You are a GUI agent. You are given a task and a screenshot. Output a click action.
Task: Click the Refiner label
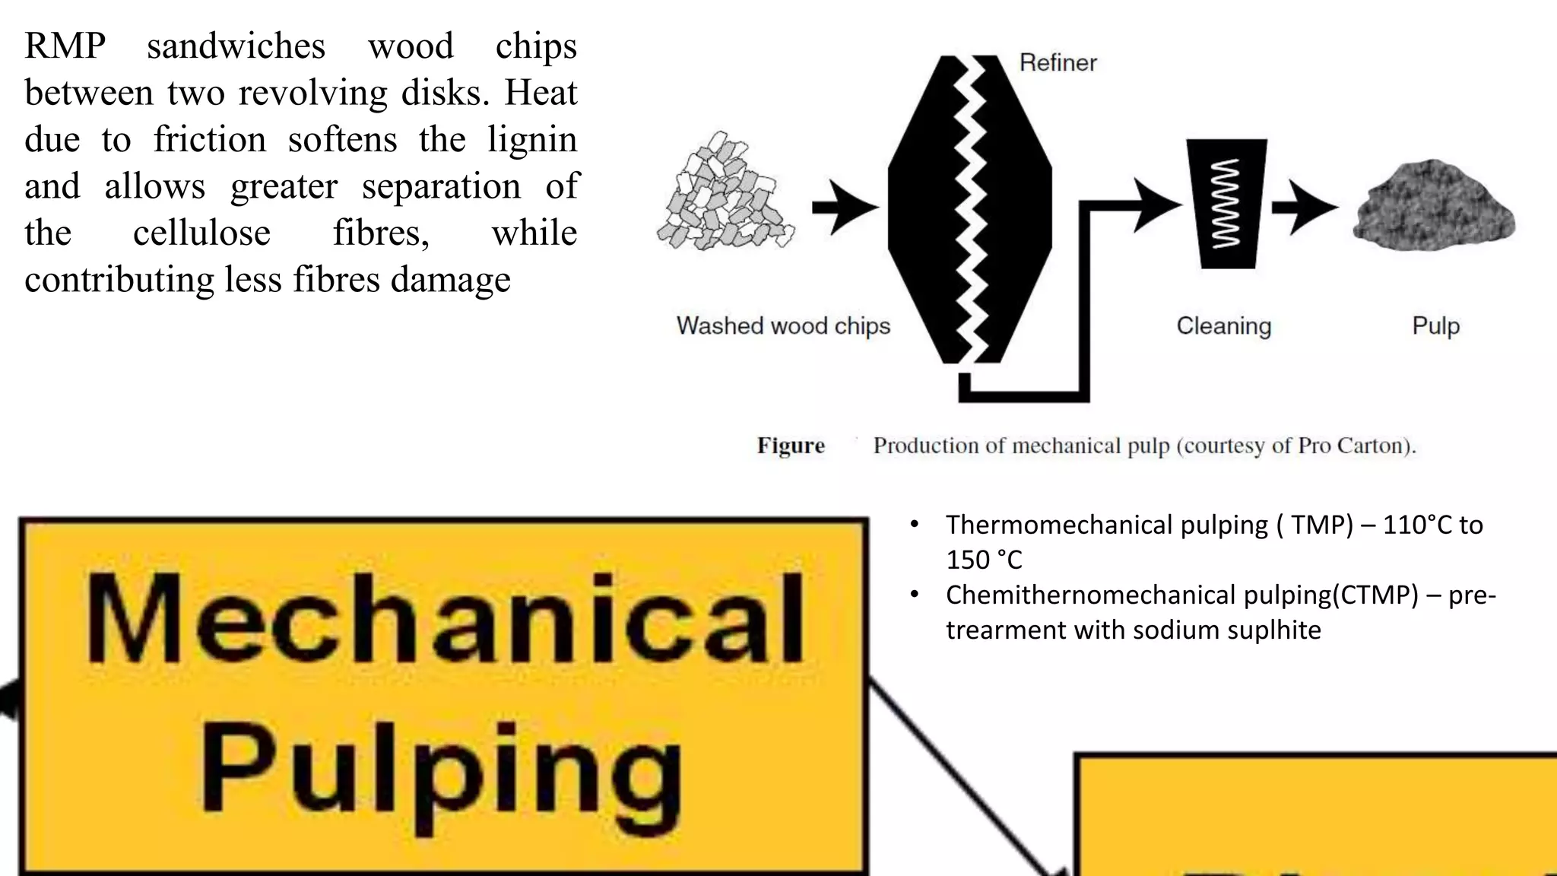pyautogui.click(x=1058, y=62)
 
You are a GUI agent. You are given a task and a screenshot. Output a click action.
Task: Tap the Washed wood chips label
pyautogui.click(x=783, y=325)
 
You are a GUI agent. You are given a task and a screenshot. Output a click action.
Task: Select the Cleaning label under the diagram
pyautogui.click(x=1223, y=325)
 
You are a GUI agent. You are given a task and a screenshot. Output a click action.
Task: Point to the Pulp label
pyautogui.click(x=1435, y=325)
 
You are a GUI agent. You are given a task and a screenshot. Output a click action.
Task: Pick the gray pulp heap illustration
pyautogui.click(x=1434, y=206)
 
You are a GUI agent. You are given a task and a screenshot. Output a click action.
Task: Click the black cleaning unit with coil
pyautogui.click(x=1226, y=204)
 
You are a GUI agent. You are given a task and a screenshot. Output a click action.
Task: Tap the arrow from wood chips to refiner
pyautogui.click(x=845, y=207)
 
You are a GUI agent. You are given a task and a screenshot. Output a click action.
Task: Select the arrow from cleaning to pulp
pyautogui.click(x=1305, y=207)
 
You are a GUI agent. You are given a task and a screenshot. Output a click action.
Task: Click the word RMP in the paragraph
pyautogui.click(x=65, y=46)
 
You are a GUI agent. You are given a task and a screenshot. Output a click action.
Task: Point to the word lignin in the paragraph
pyautogui.click(x=532, y=140)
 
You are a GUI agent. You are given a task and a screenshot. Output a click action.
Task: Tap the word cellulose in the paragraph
pyautogui.click(x=201, y=233)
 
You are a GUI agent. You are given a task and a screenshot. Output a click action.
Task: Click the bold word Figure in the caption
pyautogui.click(x=791, y=446)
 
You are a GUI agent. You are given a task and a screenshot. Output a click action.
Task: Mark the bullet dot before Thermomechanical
pyautogui.click(x=915, y=525)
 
